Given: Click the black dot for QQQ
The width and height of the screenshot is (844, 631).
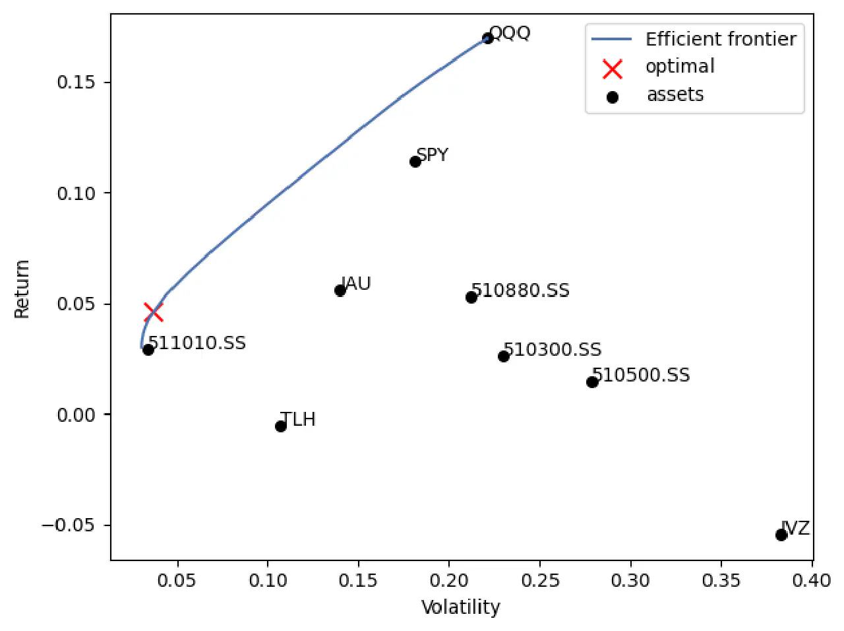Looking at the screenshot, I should [x=488, y=38].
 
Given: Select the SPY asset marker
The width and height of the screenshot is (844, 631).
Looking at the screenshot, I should [x=415, y=162].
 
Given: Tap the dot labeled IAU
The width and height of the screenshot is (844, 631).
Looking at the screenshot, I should [x=340, y=290].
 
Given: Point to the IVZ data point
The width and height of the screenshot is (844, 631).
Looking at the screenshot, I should [x=781, y=535].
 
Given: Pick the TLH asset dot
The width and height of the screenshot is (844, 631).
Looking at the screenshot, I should [x=281, y=426].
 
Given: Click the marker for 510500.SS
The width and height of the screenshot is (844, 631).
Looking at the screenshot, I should [x=592, y=382].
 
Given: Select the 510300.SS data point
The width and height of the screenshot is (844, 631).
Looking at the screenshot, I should [x=504, y=356].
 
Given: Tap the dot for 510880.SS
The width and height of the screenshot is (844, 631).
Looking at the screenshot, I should [x=471, y=298].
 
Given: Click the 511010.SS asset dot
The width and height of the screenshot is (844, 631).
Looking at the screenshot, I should [x=148, y=350].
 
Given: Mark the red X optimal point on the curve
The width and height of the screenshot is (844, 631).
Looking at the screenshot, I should [x=153, y=312].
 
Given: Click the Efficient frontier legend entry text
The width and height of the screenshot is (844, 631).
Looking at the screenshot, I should [x=721, y=40].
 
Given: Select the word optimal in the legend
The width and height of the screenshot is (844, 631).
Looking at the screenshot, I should [x=680, y=67].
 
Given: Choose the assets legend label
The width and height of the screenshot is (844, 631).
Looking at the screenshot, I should [x=675, y=95].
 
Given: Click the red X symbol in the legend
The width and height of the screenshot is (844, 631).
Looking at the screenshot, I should [x=613, y=69].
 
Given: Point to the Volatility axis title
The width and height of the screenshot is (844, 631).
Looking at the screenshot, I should [x=461, y=607].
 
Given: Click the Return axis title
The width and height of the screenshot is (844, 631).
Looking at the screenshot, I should [x=22, y=289].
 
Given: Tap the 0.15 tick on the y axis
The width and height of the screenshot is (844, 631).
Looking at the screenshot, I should [x=76, y=83].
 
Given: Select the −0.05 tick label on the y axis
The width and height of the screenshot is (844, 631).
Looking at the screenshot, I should [x=68, y=525].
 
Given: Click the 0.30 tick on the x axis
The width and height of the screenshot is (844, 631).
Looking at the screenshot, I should [x=631, y=581].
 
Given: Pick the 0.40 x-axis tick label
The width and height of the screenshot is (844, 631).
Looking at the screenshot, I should [x=812, y=581].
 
